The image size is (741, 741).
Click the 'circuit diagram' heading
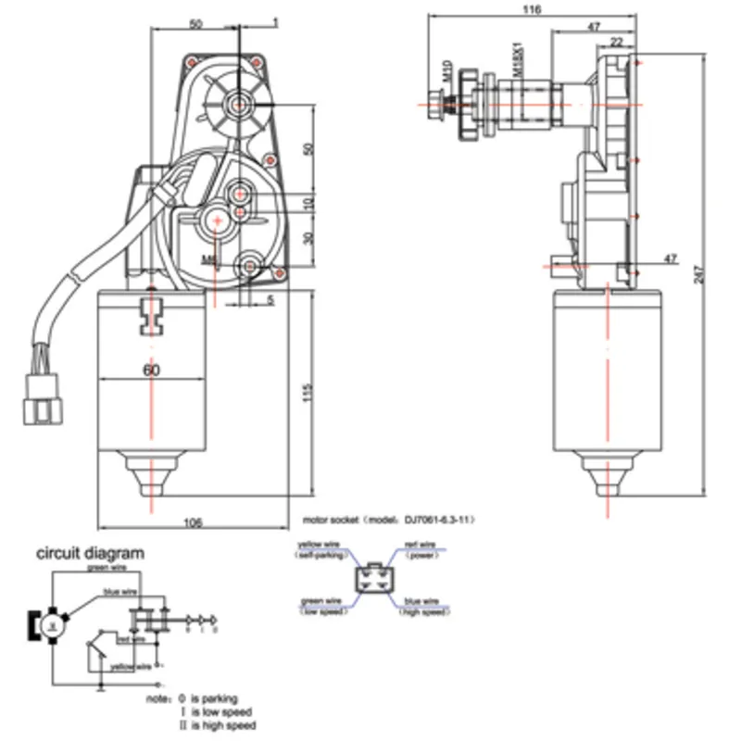pyautogui.click(x=90, y=554)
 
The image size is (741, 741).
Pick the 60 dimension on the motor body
pyautogui.click(x=152, y=370)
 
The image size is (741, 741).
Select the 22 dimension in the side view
pyautogui.click(x=615, y=42)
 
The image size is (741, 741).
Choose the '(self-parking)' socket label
pyautogui.click(x=321, y=554)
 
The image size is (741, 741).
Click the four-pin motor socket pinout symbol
pyautogui.click(x=372, y=582)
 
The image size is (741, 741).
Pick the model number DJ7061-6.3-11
pyautogui.click(x=432, y=521)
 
